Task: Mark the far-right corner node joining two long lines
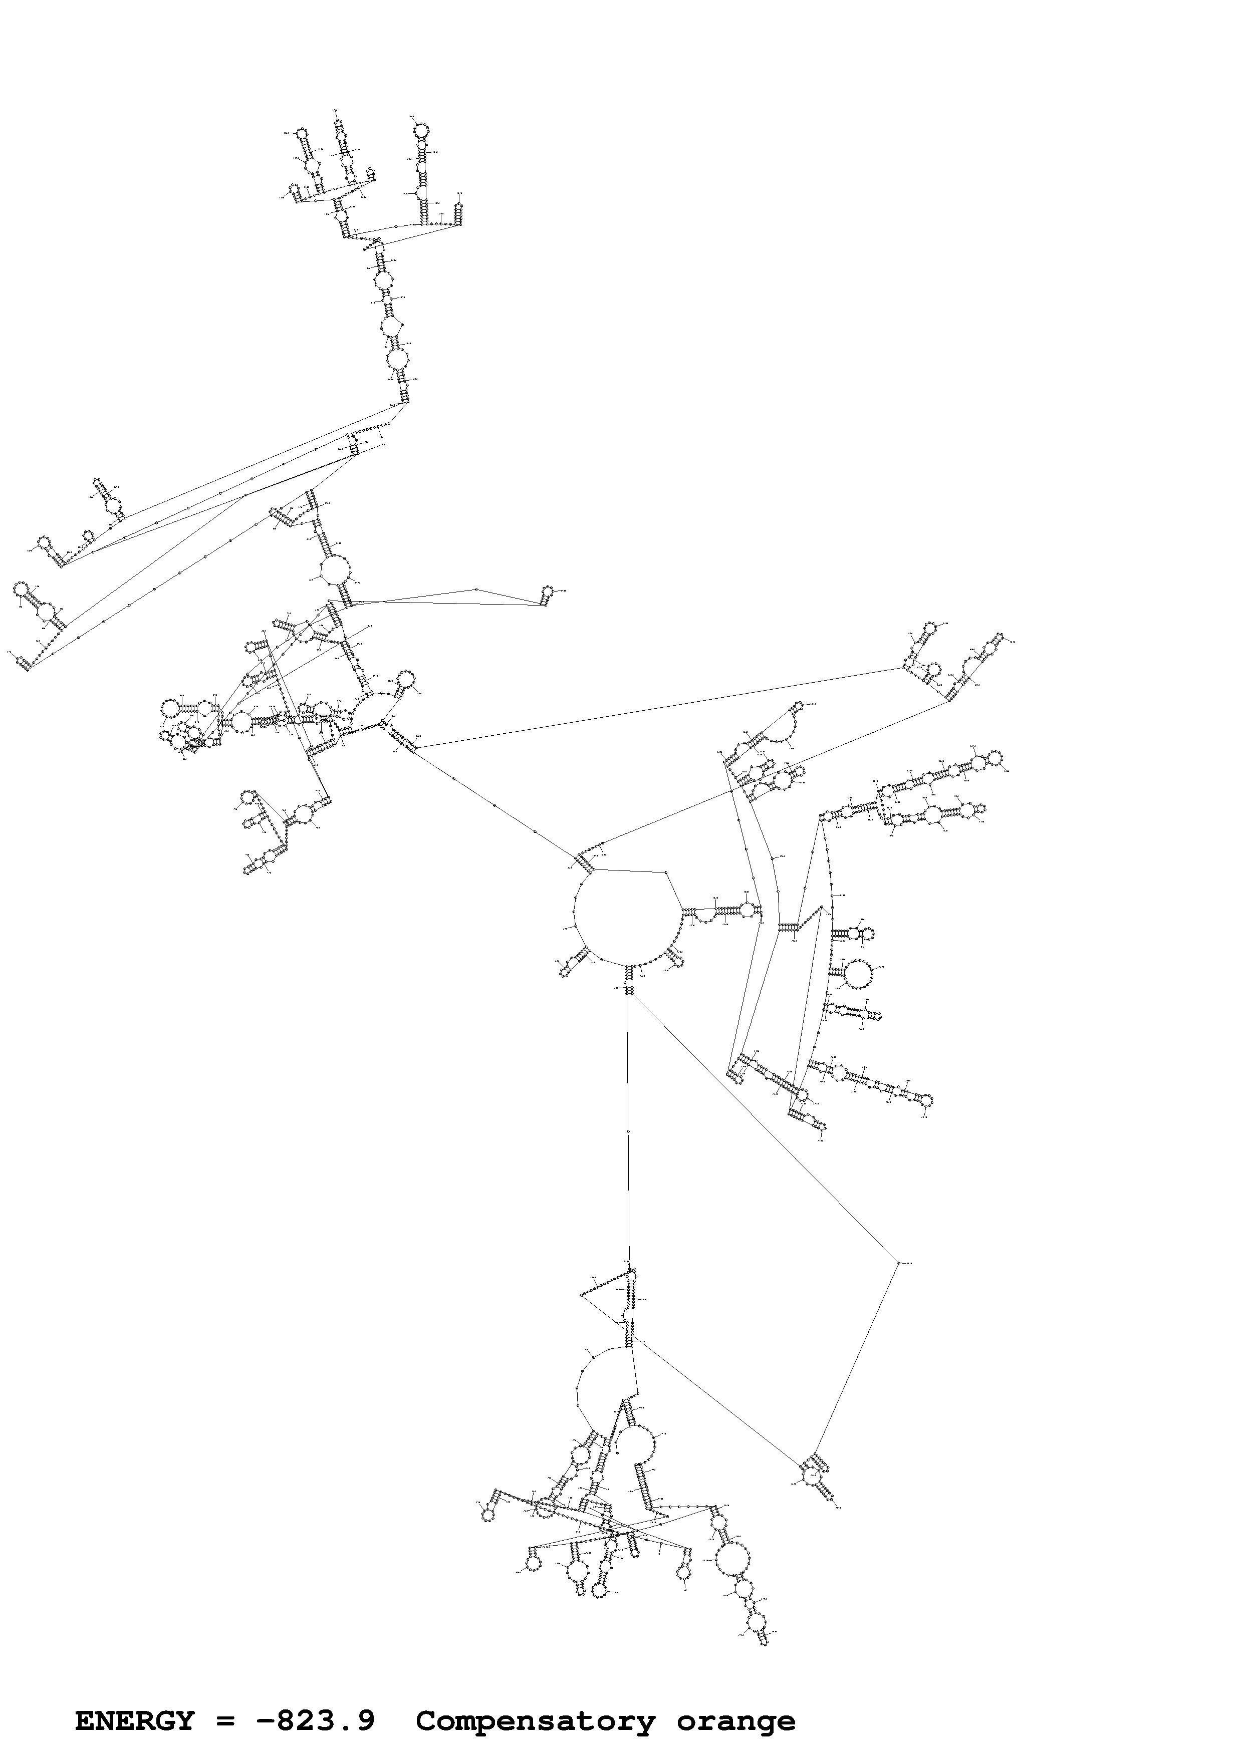[x=898, y=1262]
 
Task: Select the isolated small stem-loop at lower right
[x=817, y=1477]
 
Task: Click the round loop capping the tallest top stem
[x=420, y=131]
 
